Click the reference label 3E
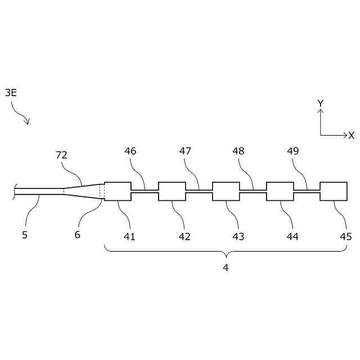[x=11, y=93]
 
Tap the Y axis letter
[x=320, y=103]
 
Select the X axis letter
[x=351, y=136]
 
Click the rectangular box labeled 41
[x=118, y=191]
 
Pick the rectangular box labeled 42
[x=172, y=191]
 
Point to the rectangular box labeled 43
[x=226, y=191]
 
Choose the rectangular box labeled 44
[x=280, y=191]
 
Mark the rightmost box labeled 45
[x=333, y=191]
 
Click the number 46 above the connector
[x=130, y=151]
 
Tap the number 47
[x=186, y=151]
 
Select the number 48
[x=238, y=151]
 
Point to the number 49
[x=292, y=151]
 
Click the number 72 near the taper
[x=62, y=155]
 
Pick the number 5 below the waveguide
[x=25, y=235]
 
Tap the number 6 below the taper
[x=77, y=235]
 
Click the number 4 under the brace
[x=226, y=268]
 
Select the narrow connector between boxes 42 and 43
[x=199, y=191]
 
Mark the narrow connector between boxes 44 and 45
[x=307, y=191]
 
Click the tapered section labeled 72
[x=83, y=191]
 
